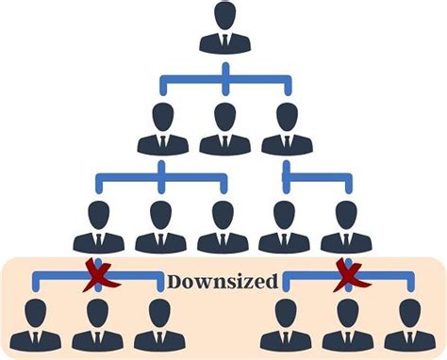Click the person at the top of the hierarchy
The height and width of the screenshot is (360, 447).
click(x=224, y=30)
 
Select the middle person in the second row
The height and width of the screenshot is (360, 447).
click(x=224, y=129)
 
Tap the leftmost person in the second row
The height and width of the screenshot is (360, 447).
click(x=162, y=129)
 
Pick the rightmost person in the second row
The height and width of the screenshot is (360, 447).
click(x=287, y=129)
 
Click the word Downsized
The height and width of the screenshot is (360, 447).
click(x=223, y=281)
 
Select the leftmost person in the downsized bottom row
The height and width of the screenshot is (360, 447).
click(x=36, y=325)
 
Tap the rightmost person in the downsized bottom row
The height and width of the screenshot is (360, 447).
click(x=409, y=325)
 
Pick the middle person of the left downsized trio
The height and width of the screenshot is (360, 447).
click(x=98, y=325)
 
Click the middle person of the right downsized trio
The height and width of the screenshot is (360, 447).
click(x=347, y=325)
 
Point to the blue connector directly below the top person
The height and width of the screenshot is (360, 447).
click(x=224, y=75)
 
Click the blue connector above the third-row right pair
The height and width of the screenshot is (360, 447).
click(x=317, y=175)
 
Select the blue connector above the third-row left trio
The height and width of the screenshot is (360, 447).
click(x=160, y=175)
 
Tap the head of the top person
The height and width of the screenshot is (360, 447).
click(x=224, y=17)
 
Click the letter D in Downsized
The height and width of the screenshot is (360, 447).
click(x=174, y=281)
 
